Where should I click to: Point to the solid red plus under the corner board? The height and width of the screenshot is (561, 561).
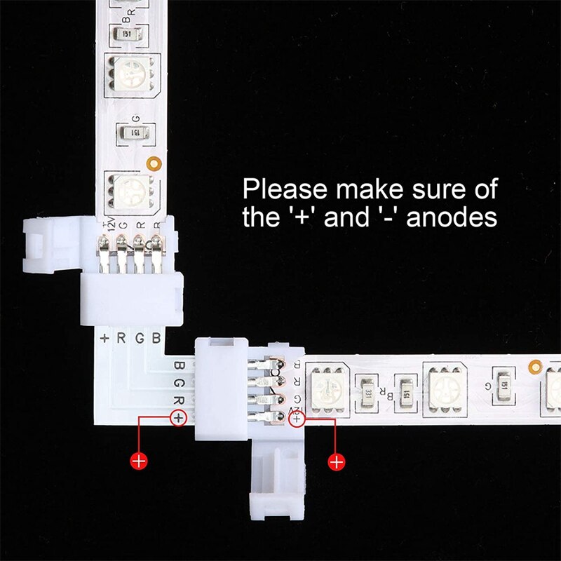139,461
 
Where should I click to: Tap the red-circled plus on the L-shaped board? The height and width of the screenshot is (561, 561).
179,419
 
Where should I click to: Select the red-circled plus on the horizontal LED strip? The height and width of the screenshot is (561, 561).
297,419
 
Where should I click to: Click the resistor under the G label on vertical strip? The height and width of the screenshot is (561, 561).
133,132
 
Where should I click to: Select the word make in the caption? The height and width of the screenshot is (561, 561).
365,189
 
